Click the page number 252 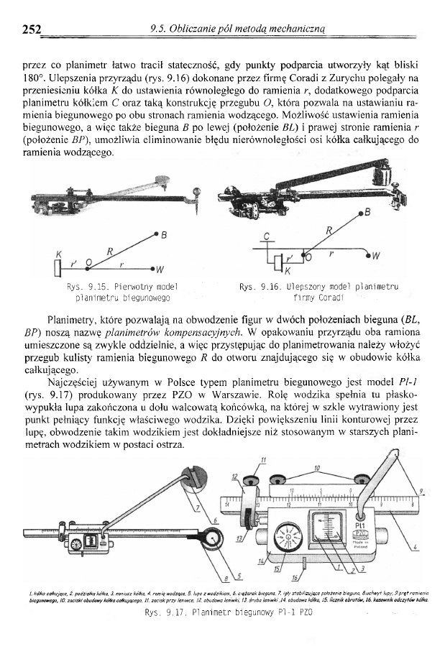30,29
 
